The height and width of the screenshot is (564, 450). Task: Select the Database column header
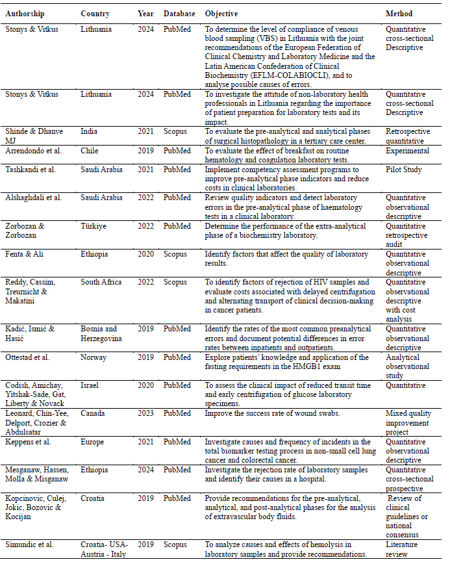click(x=179, y=14)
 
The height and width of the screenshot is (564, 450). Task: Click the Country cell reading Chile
click(x=90, y=151)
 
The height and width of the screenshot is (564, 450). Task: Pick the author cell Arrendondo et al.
click(x=34, y=151)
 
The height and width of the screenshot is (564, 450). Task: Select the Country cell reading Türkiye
click(x=95, y=226)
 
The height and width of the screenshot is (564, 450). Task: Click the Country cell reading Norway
click(x=94, y=357)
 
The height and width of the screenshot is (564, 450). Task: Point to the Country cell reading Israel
click(x=90, y=385)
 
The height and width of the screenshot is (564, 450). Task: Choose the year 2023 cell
click(x=146, y=413)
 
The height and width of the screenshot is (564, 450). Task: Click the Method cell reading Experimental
click(x=408, y=151)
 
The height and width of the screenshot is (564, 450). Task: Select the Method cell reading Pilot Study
click(x=404, y=170)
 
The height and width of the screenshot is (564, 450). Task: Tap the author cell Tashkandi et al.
click(x=31, y=170)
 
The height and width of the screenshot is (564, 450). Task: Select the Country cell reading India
click(x=89, y=132)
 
